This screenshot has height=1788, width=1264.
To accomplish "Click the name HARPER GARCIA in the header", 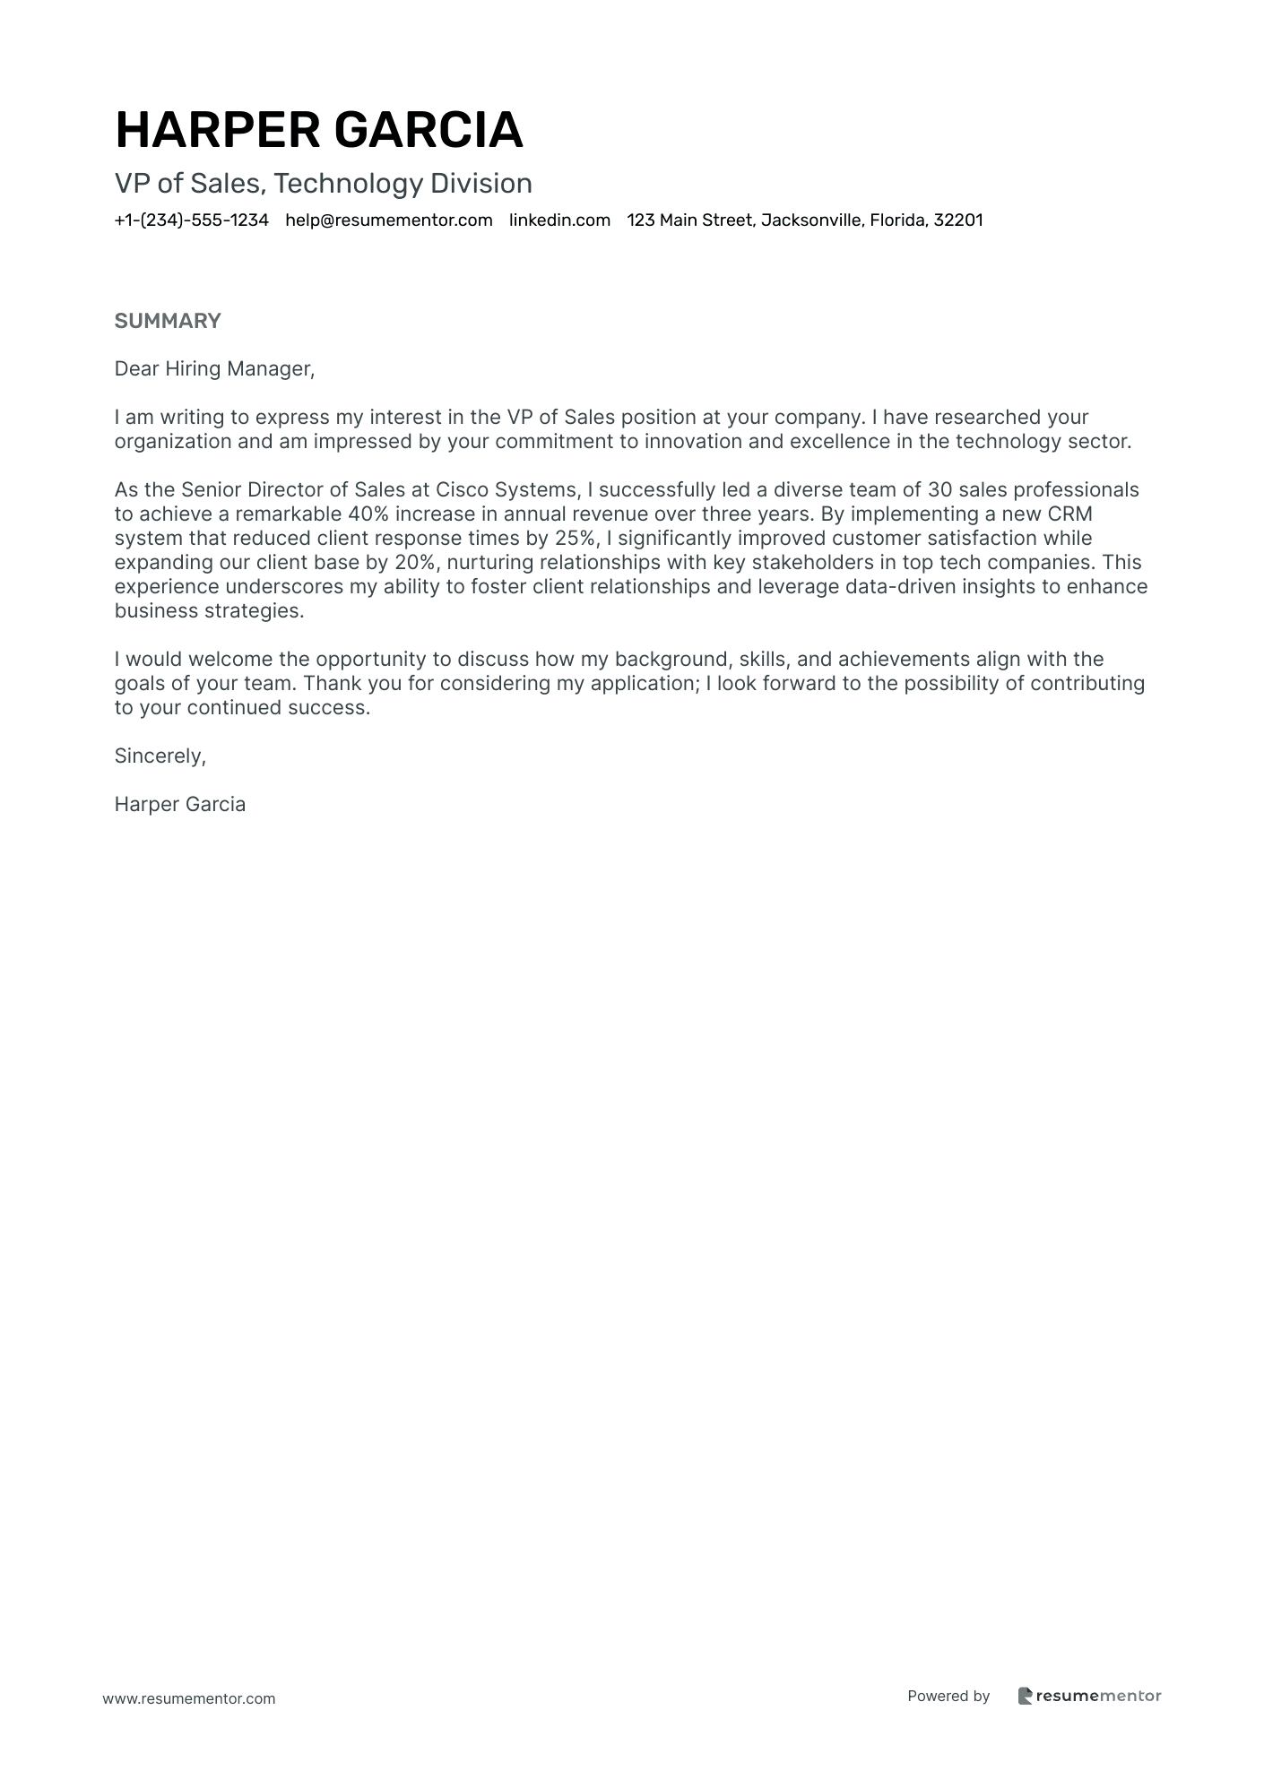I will [318, 129].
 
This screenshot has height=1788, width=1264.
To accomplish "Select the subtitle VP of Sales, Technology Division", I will [323, 184].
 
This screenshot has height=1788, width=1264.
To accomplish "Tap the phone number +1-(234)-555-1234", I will [191, 220].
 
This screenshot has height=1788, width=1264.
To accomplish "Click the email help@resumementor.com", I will [388, 220].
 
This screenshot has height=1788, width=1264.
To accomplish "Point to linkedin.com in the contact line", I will [559, 220].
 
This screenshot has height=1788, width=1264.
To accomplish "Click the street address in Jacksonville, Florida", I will [804, 220].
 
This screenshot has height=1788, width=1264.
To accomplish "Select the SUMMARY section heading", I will [168, 321].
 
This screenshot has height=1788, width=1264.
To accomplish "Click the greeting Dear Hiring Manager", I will [214, 369].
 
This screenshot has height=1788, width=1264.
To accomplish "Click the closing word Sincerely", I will [160, 756].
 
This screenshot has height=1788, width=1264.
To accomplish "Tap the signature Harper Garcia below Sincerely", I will [180, 805].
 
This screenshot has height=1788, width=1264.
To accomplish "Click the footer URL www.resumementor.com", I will [189, 1698].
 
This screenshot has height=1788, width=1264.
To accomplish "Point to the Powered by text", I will [948, 1696].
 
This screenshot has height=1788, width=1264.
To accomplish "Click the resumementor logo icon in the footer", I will [1026, 1696].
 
